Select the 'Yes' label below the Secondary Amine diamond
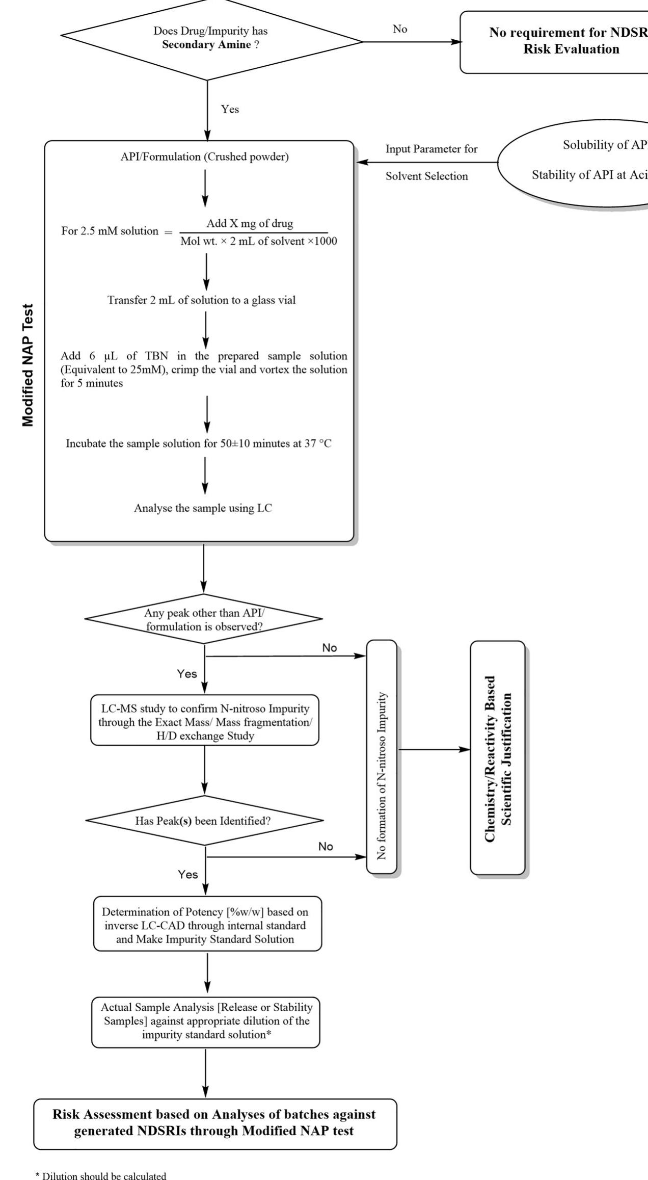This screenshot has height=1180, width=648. coord(230,109)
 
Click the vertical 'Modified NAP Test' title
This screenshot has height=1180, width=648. coord(29,365)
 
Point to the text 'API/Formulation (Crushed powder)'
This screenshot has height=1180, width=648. coord(204,157)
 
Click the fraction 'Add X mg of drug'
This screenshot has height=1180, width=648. coord(250,223)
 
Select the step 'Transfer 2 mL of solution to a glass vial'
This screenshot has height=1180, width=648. coord(201,300)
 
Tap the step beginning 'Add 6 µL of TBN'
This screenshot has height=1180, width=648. coord(204,370)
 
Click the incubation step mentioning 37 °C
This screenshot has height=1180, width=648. coord(199,443)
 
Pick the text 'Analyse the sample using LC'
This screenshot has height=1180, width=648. coord(203,508)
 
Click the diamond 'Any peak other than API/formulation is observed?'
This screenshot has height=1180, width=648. coord(204,620)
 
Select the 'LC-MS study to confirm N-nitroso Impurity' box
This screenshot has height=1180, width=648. coord(205,722)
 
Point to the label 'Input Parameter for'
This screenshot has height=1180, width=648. coord(431,149)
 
